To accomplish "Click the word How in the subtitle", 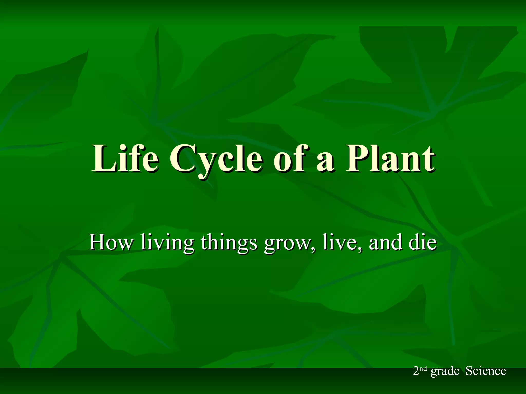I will pos(110,242).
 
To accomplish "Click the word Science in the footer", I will pos(486,371).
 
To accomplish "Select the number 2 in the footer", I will pos(416,371).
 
